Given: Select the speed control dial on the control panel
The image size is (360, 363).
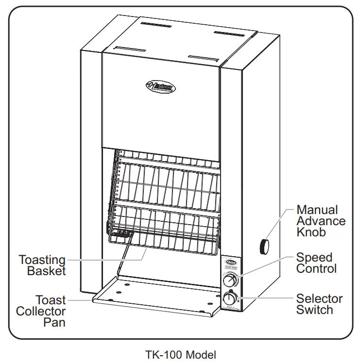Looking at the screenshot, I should [x=229, y=280].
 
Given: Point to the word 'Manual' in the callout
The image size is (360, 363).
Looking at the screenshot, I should [x=317, y=210].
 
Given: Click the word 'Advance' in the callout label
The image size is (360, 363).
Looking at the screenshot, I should [x=321, y=221].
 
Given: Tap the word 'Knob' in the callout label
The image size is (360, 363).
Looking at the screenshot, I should [x=311, y=232].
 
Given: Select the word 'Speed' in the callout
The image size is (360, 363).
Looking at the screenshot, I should [x=314, y=258].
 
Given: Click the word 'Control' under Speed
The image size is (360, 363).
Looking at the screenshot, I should [x=316, y=269].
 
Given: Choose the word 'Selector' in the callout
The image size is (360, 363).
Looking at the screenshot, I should [x=319, y=298].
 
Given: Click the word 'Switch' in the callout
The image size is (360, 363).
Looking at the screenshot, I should [x=314, y=310].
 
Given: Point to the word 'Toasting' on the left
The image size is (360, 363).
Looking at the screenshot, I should [x=42, y=260].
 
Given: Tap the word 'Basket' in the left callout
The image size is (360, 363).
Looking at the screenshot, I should [x=46, y=271].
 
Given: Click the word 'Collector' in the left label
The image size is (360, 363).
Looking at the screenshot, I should [x=41, y=311].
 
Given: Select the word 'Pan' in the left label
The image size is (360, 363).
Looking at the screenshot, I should [x=54, y=322].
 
